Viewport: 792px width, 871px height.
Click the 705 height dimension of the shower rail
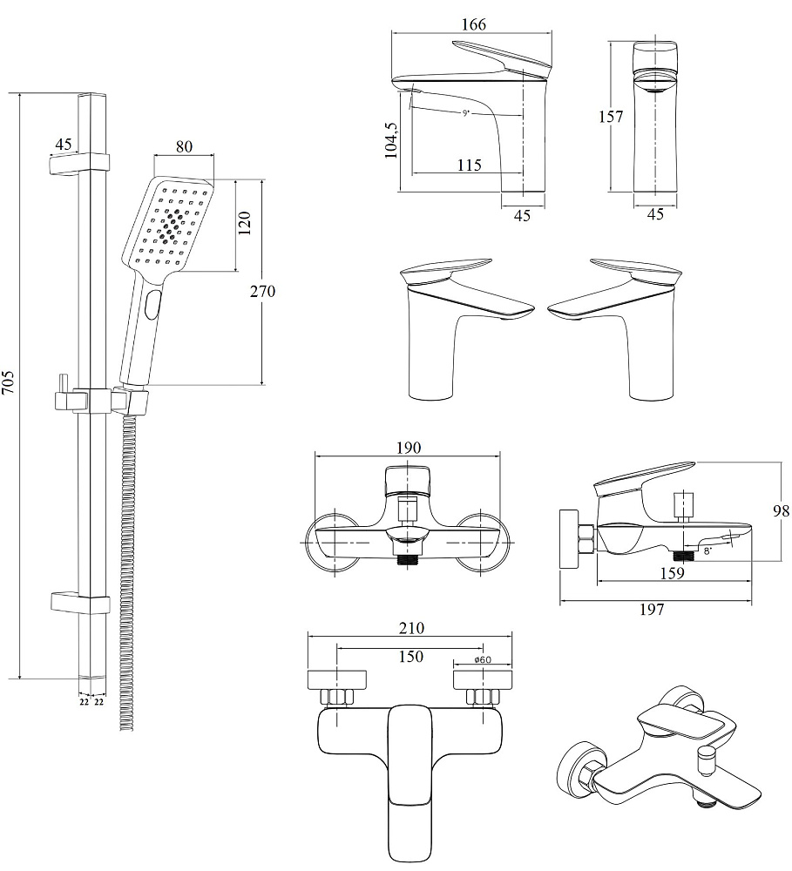(9, 386)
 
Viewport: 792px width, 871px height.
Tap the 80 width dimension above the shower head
(184, 146)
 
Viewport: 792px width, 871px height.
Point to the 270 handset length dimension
(261, 291)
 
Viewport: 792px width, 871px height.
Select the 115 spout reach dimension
(468, 165)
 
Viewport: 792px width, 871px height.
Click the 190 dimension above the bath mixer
(408, 448)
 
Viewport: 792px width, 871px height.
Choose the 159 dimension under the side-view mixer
(670, 573)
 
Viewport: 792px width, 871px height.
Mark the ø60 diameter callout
(484, 660)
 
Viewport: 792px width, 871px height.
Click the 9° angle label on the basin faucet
(466, 113)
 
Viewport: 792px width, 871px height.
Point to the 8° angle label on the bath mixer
(707, 550)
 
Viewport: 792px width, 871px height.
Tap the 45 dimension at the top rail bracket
(63, 144)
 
